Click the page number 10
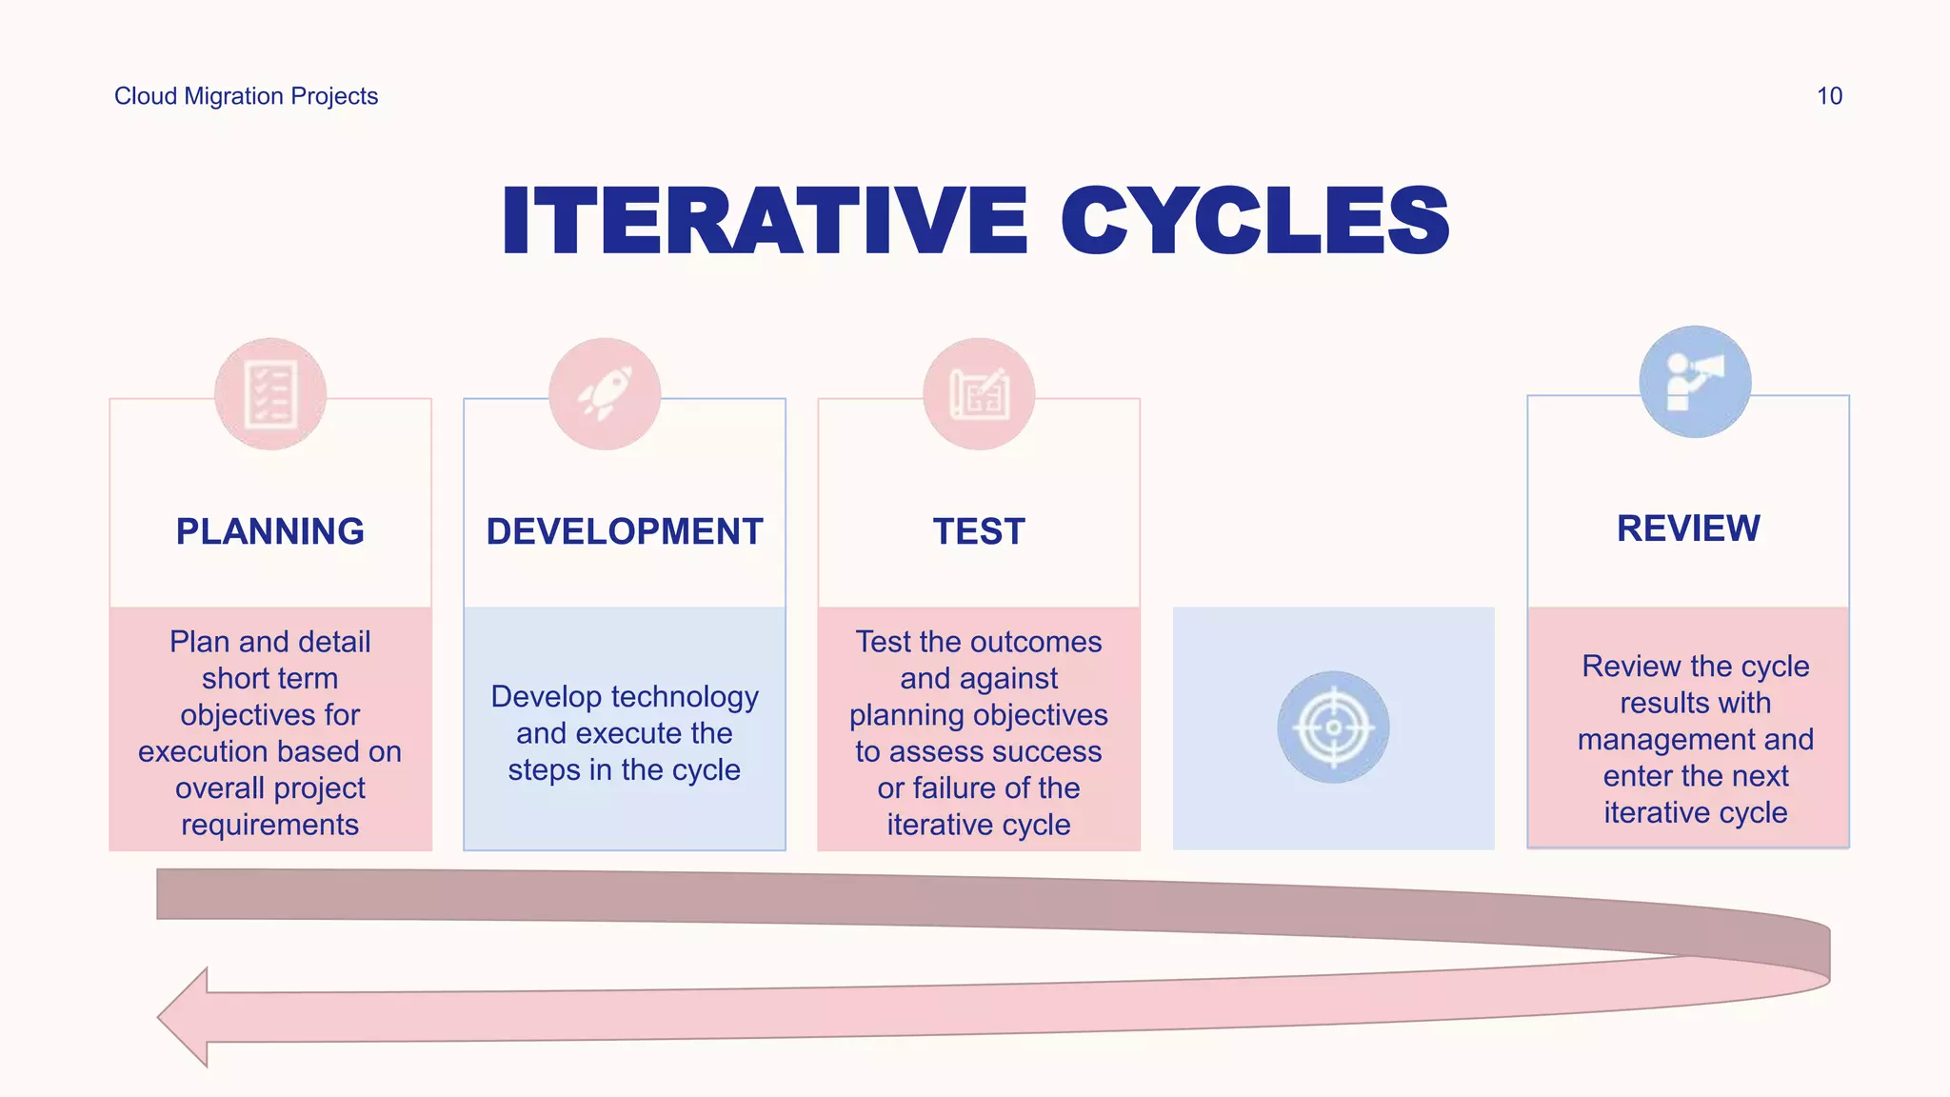pyautogui.click(x=1828, y=96)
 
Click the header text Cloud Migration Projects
pyautogui.click(x=246, y=96)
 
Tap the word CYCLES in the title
pyautogui.click(x=1255, y=221)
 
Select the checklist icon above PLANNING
pyautogui.click(x=270, y=393)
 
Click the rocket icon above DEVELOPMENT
pyautogui.click(x=605, y=393)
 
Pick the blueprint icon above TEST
pyautogui.click(x=979, y=393)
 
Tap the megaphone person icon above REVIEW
pyautogui.click(x=1695, y=382)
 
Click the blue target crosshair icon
pyautogui.click(x=1333, y=728)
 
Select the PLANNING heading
pyautogui.click(x=270, y=531)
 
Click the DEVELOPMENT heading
pyautogui.click(x=625, y=531)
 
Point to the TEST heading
pyautogui.click(x=979, y=531)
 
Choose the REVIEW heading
pyautogui.click(x=1688, y=529)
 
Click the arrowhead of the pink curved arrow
pyautogui.click(x=186, y=1017)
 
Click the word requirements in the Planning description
pyautogui.click(x=270, y=825)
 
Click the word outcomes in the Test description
pyautogui.click(x=1045, y=642)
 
